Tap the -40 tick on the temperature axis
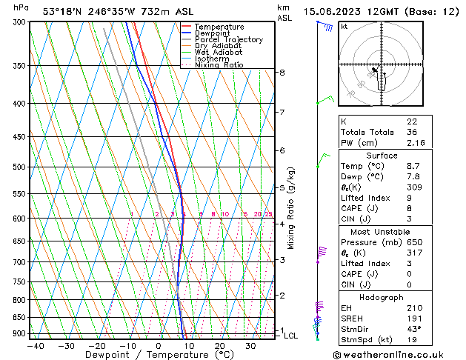point(35,346)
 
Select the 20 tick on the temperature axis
point(219,346)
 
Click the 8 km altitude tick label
point(282,73)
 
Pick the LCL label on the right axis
point(291,336)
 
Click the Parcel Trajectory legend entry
point(228,39)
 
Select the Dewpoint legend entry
point(213,33)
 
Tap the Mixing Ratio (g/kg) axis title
point(292,208)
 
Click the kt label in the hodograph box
point(344,26)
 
